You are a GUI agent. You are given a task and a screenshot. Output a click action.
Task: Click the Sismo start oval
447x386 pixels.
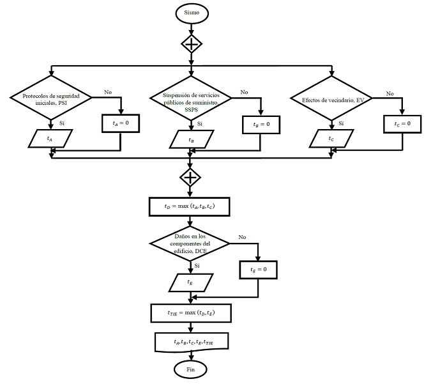coord(192,13)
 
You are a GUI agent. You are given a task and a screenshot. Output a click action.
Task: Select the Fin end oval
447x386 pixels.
coord(190,369)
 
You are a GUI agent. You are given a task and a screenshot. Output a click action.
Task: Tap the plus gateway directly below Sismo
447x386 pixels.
coord(192,44)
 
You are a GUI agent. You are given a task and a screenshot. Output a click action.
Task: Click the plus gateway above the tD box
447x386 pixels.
coord(190,178)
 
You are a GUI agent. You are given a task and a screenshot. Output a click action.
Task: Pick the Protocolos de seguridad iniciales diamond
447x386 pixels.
coord(51,98)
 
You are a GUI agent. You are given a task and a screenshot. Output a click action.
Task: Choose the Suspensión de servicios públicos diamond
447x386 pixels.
coord(191,98)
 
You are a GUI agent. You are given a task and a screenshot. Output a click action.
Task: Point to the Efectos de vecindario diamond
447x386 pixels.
coord(331,98)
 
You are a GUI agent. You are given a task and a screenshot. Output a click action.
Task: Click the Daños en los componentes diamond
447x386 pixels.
coord(190,243)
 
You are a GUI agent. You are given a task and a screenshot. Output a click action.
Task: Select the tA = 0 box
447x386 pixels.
coord(121,123)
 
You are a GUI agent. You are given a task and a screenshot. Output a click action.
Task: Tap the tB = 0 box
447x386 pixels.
coord(261,125)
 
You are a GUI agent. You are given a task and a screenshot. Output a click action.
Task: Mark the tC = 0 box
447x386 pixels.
coord(402,124)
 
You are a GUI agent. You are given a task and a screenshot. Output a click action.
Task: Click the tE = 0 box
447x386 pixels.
coord(258,270)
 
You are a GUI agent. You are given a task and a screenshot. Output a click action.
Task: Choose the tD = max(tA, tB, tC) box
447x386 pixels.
coord(189,206)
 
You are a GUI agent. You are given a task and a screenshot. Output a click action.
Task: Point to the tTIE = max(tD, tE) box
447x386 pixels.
coord(191,313)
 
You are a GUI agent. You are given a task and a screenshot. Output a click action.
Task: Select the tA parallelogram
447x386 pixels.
coord(50,139)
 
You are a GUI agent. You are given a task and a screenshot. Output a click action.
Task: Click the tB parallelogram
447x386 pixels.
coord(192,139)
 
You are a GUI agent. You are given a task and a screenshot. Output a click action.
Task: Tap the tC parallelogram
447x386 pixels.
coord(331,139)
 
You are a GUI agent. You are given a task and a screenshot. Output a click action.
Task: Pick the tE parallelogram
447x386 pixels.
coord(191,282)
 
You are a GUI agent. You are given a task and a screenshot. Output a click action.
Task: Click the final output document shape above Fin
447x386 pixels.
coord(192,342)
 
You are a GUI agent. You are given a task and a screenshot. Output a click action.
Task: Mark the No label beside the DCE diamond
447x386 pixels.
coord(242,237)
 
